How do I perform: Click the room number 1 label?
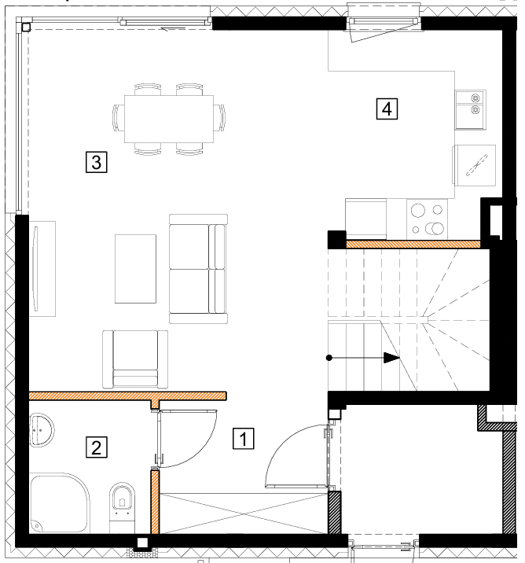pos(244,439)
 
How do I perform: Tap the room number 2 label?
pos(97,447)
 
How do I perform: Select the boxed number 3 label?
pos(97,162)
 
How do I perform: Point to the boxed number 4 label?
pos(387,109)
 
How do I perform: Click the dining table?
pos(169,119)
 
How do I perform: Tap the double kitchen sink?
pos(471,110)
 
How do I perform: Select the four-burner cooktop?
pos(427,219)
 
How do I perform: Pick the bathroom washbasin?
pos(42,430)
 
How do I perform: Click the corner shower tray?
pos(59,503)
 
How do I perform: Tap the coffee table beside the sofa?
pos(135,269)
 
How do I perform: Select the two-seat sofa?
pos(198,269)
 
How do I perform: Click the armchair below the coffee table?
pos(135,359)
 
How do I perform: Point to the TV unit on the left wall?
pos(42,269)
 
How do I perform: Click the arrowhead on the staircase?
pos(391,358)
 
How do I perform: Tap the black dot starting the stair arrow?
pos(329,358)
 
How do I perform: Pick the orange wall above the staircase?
pos(413,245)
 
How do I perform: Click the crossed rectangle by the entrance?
pos(244,513)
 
